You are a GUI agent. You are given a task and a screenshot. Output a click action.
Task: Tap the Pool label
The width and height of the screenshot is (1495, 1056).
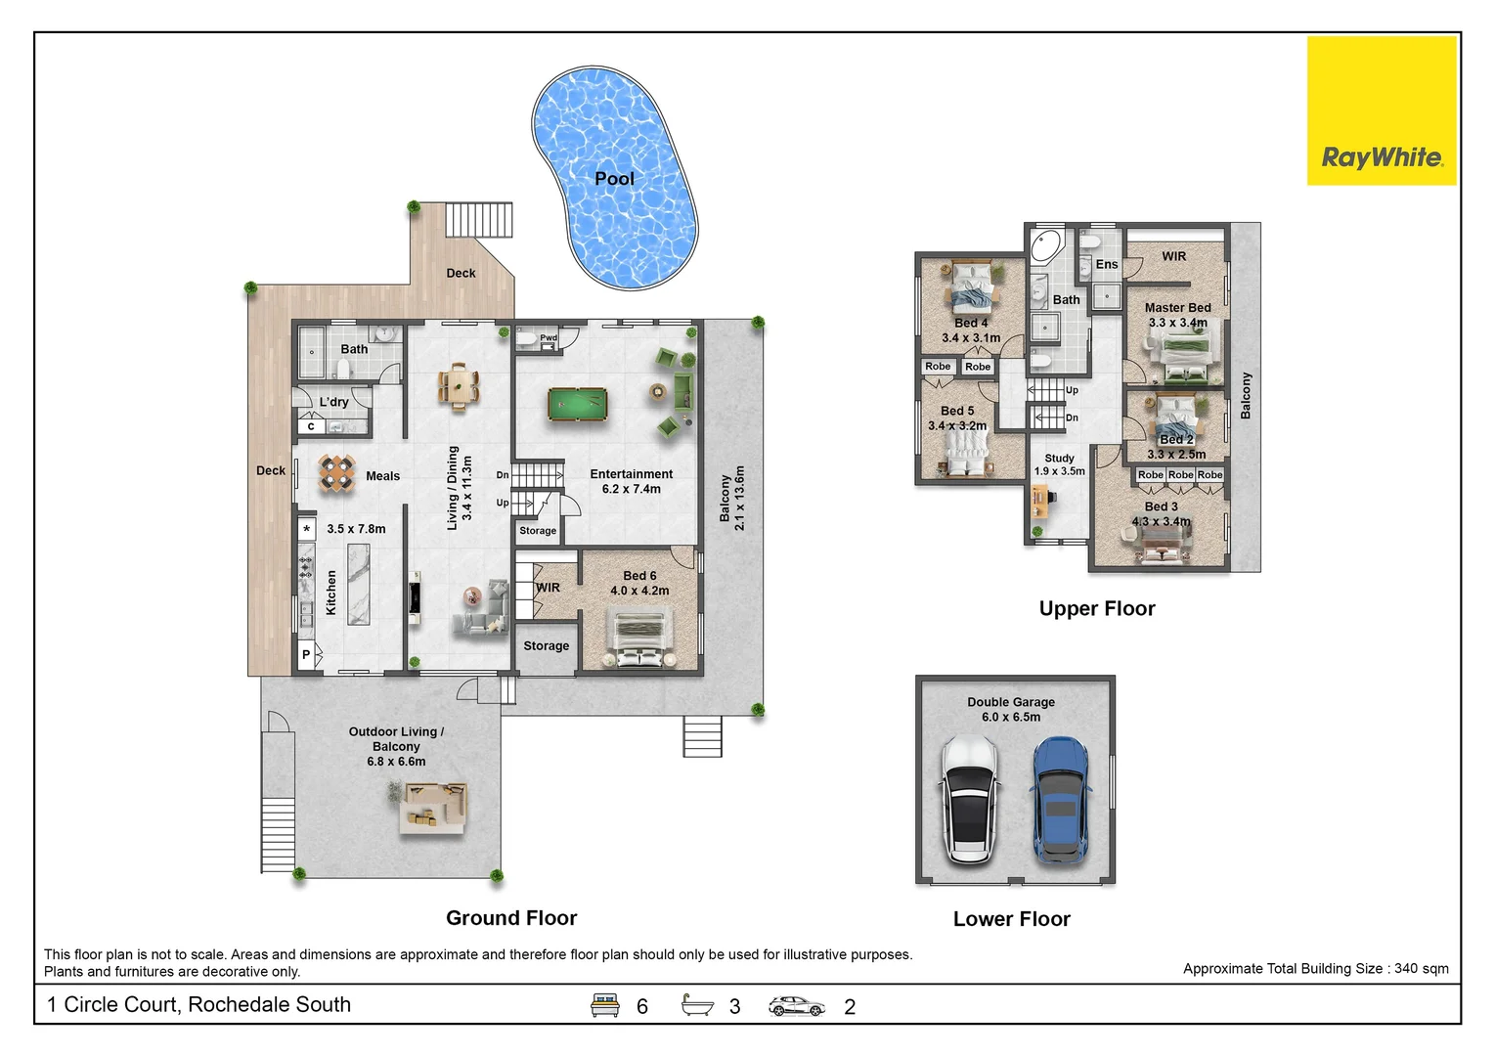614,178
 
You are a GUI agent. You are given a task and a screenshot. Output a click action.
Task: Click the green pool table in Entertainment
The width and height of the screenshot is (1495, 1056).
577,404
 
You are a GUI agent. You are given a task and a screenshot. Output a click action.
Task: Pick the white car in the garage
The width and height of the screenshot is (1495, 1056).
968,801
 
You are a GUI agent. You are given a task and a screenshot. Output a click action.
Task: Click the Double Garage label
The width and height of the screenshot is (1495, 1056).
1011,702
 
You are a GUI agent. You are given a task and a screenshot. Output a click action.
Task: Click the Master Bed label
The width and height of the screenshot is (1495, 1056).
1177,307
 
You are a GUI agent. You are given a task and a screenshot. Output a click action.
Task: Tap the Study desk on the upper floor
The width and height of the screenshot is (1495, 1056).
1039,501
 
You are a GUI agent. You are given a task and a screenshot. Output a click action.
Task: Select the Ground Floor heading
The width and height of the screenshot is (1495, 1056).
511,918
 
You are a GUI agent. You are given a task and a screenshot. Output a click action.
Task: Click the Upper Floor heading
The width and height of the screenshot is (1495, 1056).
1097,608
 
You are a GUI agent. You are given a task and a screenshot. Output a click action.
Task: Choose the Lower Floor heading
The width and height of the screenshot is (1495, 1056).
1011,919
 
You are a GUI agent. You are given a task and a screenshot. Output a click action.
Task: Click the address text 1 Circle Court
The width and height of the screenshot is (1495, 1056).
199,1004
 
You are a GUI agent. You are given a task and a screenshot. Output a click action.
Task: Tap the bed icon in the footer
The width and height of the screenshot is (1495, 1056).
605,1005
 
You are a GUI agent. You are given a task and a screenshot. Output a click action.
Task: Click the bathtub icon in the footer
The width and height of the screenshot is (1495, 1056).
697,1005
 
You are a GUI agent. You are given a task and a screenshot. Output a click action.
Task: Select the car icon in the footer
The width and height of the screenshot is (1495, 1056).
796,1005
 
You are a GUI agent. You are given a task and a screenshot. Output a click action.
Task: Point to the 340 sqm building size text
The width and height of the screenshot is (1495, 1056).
1315,968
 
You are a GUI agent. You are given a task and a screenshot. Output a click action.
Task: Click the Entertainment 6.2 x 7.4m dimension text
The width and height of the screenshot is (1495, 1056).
631,489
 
